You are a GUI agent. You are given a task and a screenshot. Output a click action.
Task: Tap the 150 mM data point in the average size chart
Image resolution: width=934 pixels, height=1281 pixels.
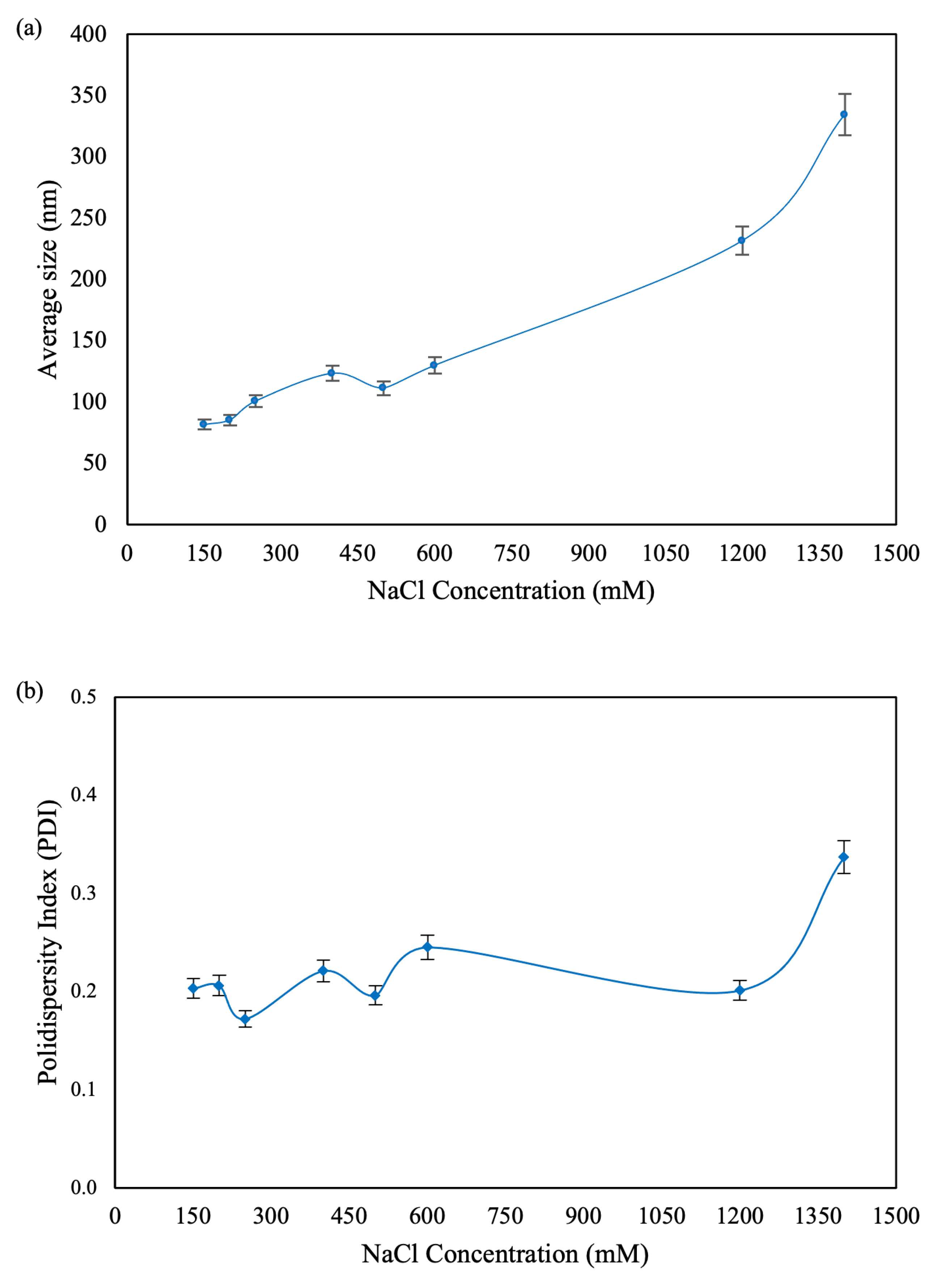point(203,424)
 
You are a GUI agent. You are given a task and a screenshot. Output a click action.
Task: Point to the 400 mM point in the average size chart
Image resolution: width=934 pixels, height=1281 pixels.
point(332,373)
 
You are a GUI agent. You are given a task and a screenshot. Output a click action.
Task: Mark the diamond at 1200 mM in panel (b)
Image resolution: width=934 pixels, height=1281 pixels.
point(740,990)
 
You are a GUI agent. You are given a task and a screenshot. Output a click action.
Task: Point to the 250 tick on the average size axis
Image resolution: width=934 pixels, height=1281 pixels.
point(88,218)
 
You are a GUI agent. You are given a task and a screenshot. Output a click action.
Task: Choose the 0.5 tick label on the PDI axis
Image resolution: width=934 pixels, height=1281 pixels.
point(83,697)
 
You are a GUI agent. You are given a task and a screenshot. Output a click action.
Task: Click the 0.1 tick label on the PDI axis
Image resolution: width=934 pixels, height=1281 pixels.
point(83,1089)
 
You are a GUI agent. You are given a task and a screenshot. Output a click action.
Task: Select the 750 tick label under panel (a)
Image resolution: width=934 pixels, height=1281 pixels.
point(512,553)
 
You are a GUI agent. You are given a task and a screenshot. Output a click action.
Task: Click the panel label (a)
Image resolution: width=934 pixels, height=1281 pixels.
point(29,28)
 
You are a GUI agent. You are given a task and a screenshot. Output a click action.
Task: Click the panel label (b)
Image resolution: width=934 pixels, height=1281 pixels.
point(29,691)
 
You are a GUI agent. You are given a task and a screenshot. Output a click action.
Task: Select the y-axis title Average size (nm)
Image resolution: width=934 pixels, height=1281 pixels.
point(48,279)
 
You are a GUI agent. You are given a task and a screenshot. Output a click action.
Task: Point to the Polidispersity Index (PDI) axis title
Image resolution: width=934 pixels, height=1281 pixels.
point(48,942)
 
